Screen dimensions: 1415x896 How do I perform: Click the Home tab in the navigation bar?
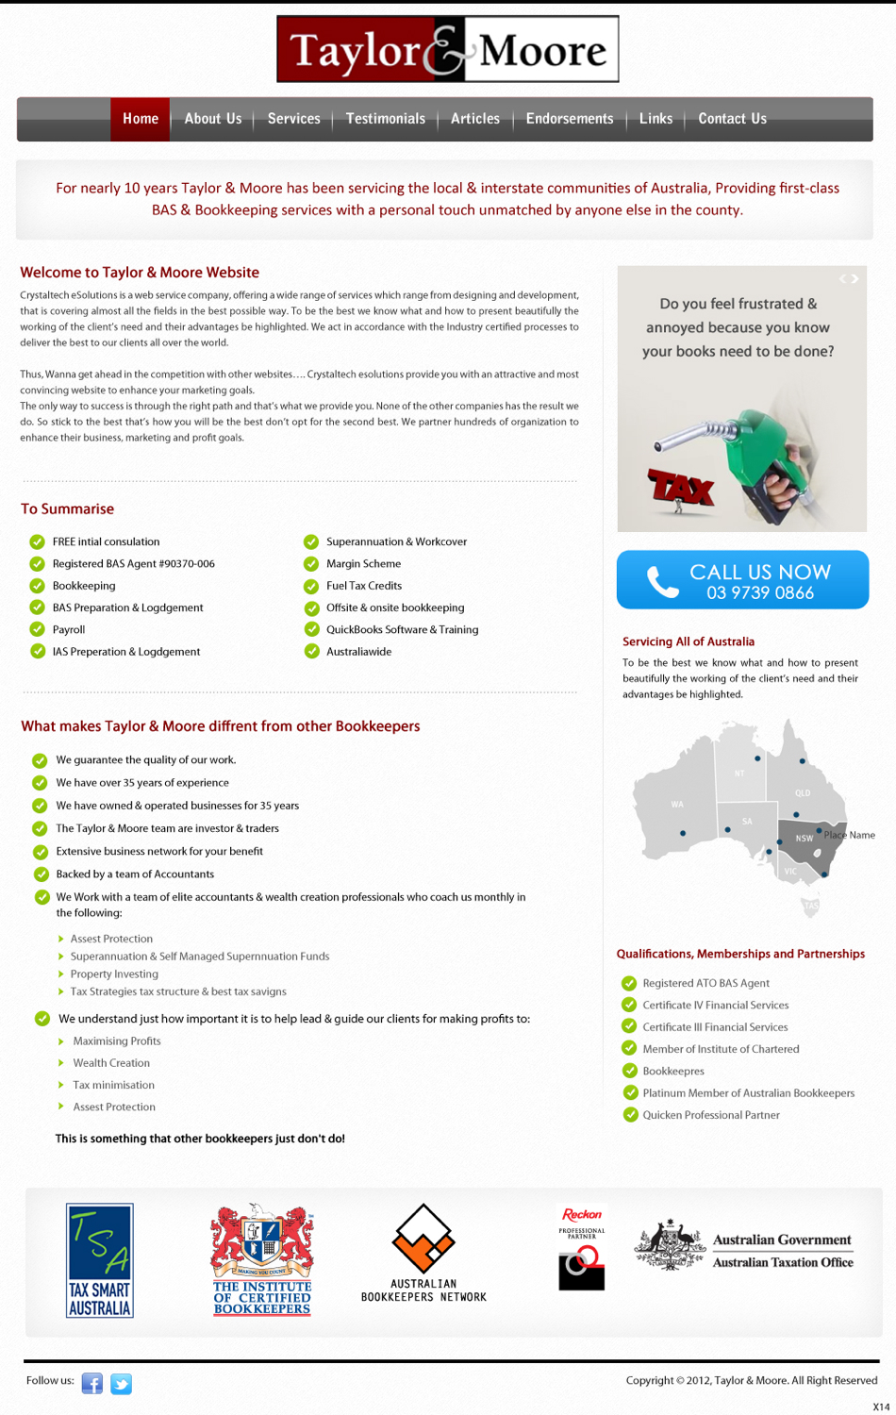click(x=140, y=119)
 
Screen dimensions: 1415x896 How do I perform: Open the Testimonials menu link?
click(x=385, y=119)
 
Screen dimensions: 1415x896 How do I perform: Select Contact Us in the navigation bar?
click(x=732, y=119)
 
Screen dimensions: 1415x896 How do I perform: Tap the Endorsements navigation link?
click(x=569, y=119)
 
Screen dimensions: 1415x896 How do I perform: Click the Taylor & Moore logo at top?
click(x=448, y=49)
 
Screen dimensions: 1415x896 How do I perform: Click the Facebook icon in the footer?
click(x=92, y=1383)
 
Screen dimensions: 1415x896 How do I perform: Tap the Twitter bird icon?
click(x=121, y=1383)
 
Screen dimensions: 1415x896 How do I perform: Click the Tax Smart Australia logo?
click(x=99, y=1260)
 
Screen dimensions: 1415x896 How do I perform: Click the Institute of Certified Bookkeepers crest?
click(x=261, y=1258)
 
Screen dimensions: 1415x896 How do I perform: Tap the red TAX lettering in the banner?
click(x=680, y=487)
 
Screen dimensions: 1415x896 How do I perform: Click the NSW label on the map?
click(x=804, y=838)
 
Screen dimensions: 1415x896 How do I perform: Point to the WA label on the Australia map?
click(x=677, y=805)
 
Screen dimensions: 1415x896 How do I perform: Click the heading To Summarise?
click(x=67, y=509)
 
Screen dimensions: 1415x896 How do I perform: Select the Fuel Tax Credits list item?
click(x=363, y=586)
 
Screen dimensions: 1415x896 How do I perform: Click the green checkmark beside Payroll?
click(x=38, y=629)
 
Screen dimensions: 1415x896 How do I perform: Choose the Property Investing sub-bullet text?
click(x=114, y=974)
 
